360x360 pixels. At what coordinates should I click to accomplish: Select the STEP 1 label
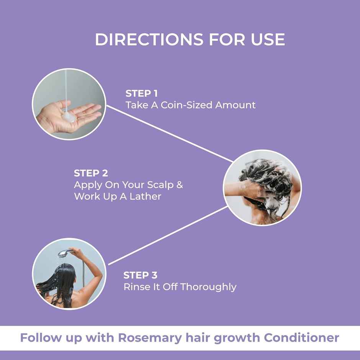tap(141, 93)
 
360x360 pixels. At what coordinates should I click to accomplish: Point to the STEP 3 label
tap(140, 275)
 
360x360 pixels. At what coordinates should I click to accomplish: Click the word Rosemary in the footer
tap(148, 338)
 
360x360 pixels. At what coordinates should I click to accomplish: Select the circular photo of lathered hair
tap(262, 187)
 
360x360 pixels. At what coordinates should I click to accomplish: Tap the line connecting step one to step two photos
tap(169, 134)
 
